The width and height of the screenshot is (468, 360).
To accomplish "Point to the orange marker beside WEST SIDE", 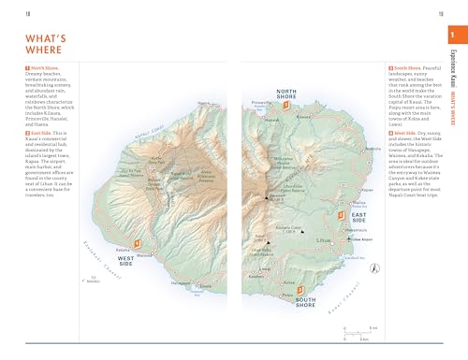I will [137, 238].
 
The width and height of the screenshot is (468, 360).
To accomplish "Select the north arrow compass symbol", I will [375, 268].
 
